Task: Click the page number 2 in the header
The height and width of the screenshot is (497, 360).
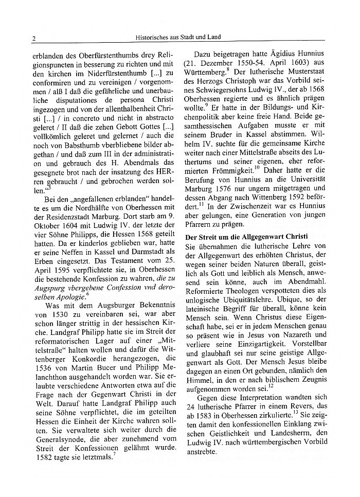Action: point(33,38)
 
